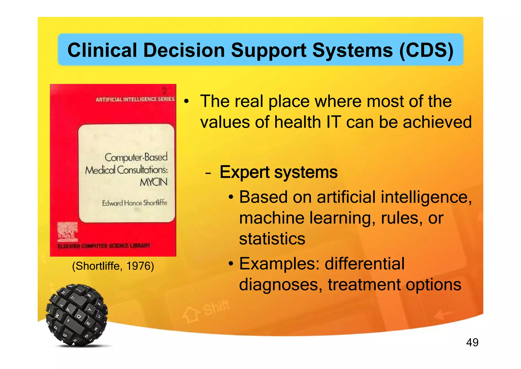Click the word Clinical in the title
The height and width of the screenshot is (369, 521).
pyautogui.click(x=102, y=50)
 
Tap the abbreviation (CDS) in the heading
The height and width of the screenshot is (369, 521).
pyautogui.click(x=426, y=50)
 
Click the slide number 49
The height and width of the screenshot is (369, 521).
pyautogui.click(x=472, y=342)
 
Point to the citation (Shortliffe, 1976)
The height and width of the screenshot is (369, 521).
pyautogui.click(x=113, y=266)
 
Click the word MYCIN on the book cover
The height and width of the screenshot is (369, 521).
pyautogui.click(x=153, y=182)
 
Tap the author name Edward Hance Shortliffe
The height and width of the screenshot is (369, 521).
pyautogui.click(x=135, y=203)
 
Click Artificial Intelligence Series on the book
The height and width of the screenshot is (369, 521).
pyautogui.click(x=135, y=99)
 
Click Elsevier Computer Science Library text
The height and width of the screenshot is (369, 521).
pyautogui.click(x=104, y=246)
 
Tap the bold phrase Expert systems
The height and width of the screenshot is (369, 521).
pyautogui.click(x=279, y=172)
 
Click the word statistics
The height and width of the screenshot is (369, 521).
pyautogui.click(x=272, y=239)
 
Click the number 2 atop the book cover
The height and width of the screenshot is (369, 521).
pyautogui.click(x=165, y=91)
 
